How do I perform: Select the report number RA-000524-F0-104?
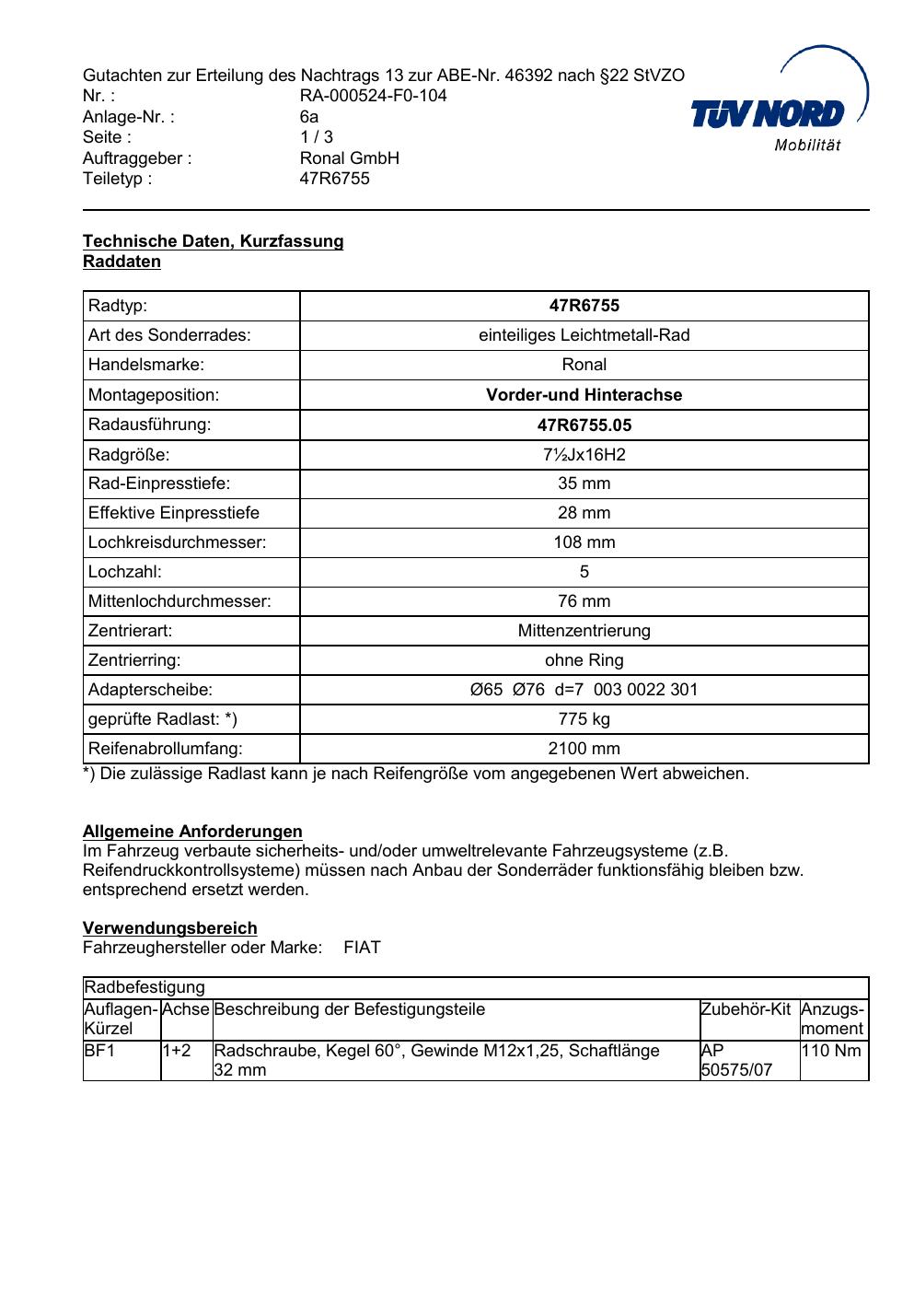[x=373, y=96]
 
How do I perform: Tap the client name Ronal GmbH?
[x=349, y=158]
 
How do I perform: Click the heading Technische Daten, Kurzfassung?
[x=213, y=241]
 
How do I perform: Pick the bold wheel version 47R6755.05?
[x=584, y=425]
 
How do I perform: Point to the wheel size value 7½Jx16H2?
[x=584, y=454]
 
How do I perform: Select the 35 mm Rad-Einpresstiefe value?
[x=584, y=483]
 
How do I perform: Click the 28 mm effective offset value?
[x=584, y=513]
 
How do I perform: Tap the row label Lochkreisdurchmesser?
[x=177, y=542]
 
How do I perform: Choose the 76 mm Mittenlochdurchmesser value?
[x=584, y=601]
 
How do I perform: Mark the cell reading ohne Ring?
[x=584, y=660]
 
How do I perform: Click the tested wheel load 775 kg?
[x=584, y=719]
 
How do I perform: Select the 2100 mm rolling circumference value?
[x=584, y=749]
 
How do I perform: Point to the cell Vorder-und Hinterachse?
[x=584, y=395]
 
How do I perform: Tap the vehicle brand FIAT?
[x=362, y=948]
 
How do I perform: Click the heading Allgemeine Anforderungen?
[x=192, y=832]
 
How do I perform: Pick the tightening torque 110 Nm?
[x=831, y=1051]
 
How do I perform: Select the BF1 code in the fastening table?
[x=99, y=1051]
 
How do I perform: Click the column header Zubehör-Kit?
[x=746, y=1009]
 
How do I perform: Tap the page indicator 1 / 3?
[x=316, y=137]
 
